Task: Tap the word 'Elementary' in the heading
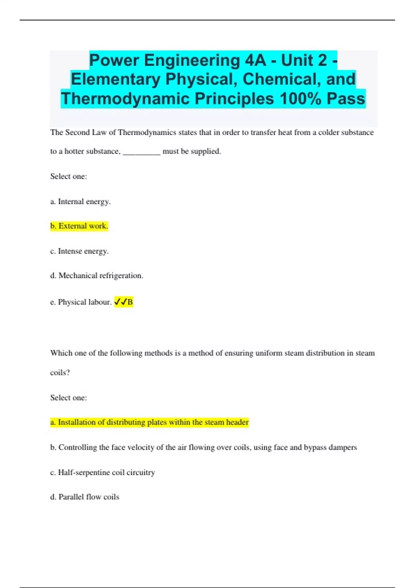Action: (x=116, y=79)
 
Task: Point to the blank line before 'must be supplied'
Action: (x=141, y=152)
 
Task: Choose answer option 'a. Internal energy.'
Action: (x=80, y=201)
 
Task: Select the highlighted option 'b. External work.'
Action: (x=79, y=226)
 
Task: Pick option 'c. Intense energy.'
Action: (x=79, y=251)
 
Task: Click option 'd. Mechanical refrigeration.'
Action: (x=96, y=275)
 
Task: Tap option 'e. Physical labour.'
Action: (x=81, y=302)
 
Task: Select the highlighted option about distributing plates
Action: (x=149, y=422)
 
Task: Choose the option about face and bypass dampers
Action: (x=203, y=447)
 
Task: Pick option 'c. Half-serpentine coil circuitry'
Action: (x=102, y=472)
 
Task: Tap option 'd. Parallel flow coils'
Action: (x=84, y=497)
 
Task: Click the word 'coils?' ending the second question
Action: (x=60, y=373)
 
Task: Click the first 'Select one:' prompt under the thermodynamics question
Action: (x=68, y=176)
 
